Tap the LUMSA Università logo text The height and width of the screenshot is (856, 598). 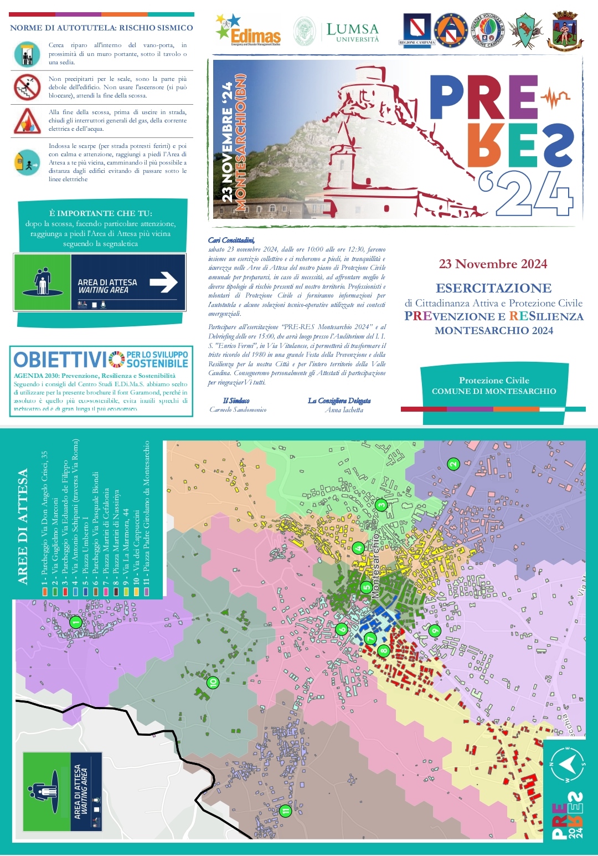pyautogui.click(x=352, y=32)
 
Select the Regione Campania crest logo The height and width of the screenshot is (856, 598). pyautogui.click(x=417, y=30)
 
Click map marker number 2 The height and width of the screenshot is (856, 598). pyautogui.click(x=453, y=464)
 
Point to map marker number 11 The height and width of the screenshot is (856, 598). pyautogui.click(x=285, y=811)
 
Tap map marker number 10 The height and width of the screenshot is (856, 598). pyautogui.click(x=213, y=683)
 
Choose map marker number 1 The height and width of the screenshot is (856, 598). pyautogui.click(x=76, y=622)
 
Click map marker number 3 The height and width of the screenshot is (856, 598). pyautogui.click(x=381, y=505)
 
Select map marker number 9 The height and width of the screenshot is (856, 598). pyautogui.click(x=435, y=631)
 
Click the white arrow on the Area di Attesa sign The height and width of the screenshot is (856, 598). pyautogui.click(x=163, y=283)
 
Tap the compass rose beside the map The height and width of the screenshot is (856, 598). pyautogui.click(x=566, y=765)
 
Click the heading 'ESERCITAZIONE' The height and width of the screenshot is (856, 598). pyautogui.click(x=493, y=288)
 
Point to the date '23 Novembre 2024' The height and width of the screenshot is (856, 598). pyautogui.click(x=493, y=264)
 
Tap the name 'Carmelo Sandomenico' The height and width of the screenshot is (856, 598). pyautogui.click(x=238, y=409)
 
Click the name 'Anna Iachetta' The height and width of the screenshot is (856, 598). pyautogui.click(x=344, y=410)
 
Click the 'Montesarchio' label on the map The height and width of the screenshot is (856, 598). pyautogui.click(x=375, y=565)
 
